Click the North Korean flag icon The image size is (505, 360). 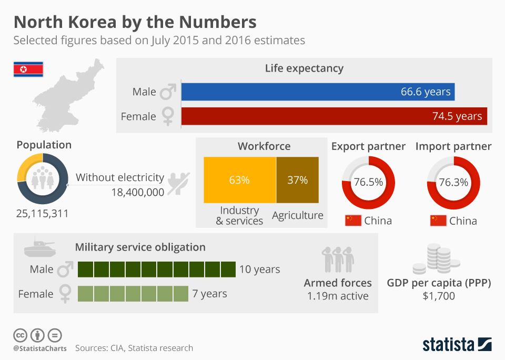28,69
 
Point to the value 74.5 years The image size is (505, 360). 457,116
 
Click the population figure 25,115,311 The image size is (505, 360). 42,214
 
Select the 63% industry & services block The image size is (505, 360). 239,180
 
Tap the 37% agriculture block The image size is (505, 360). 297,180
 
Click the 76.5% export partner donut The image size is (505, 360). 368,183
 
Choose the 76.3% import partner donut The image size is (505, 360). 453,183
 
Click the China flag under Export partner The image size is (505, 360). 353,221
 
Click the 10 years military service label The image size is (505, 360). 259,269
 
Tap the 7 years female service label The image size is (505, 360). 209,294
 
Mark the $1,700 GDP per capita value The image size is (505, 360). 439,296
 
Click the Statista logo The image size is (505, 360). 457,345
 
